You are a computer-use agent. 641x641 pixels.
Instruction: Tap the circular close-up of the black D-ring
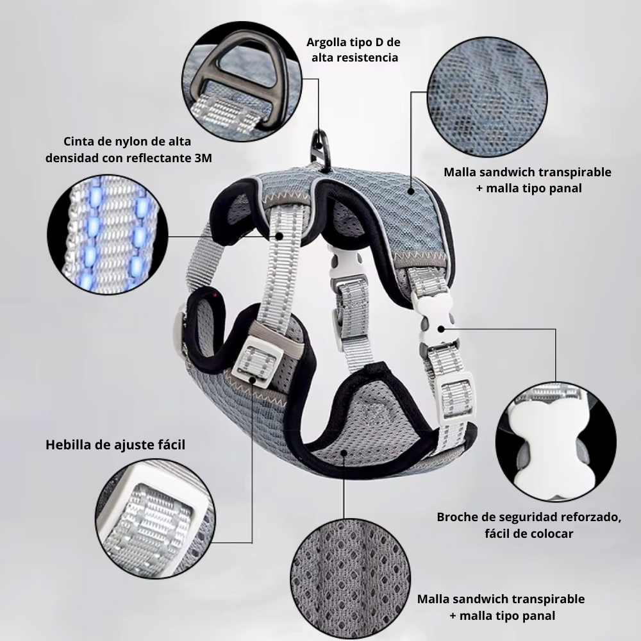(242, 81)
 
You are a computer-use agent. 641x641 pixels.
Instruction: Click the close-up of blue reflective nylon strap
(108, 234)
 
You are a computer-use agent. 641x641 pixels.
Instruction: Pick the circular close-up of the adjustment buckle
(155, 519)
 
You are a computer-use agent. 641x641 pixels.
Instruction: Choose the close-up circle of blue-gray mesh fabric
(487, 97)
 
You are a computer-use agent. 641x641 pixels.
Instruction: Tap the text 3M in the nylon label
(203, 158)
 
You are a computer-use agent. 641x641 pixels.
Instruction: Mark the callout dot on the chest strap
(279, 236)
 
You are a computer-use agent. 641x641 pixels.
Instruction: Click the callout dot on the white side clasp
(441, 329)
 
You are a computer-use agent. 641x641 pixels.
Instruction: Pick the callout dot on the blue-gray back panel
(411, 191)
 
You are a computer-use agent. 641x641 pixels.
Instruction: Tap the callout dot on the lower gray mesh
(344, 453)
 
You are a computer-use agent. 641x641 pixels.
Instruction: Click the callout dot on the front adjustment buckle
(252, 379)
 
